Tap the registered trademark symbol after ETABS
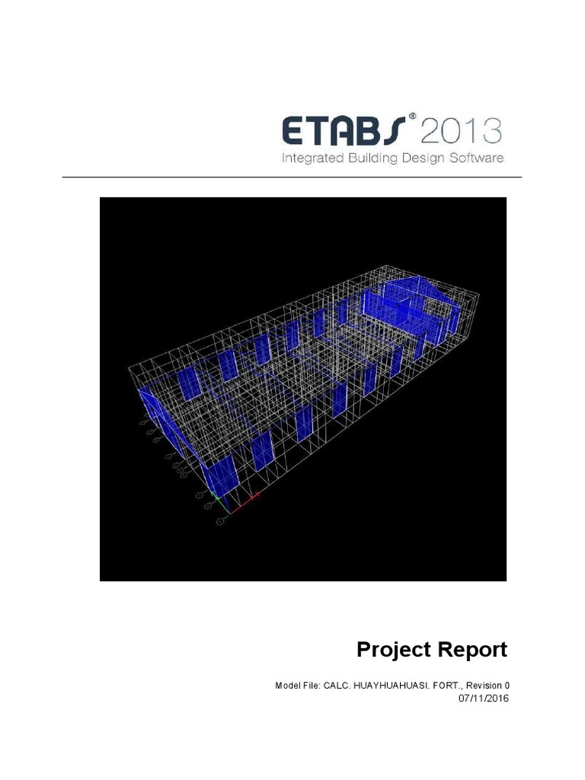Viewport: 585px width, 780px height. pyautogui.click(x=412, y=117)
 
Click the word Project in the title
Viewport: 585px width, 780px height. pyautogui.click(x=394, y=650)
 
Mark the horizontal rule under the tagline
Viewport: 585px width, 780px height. pyautogui.click(x=292, y=177)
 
